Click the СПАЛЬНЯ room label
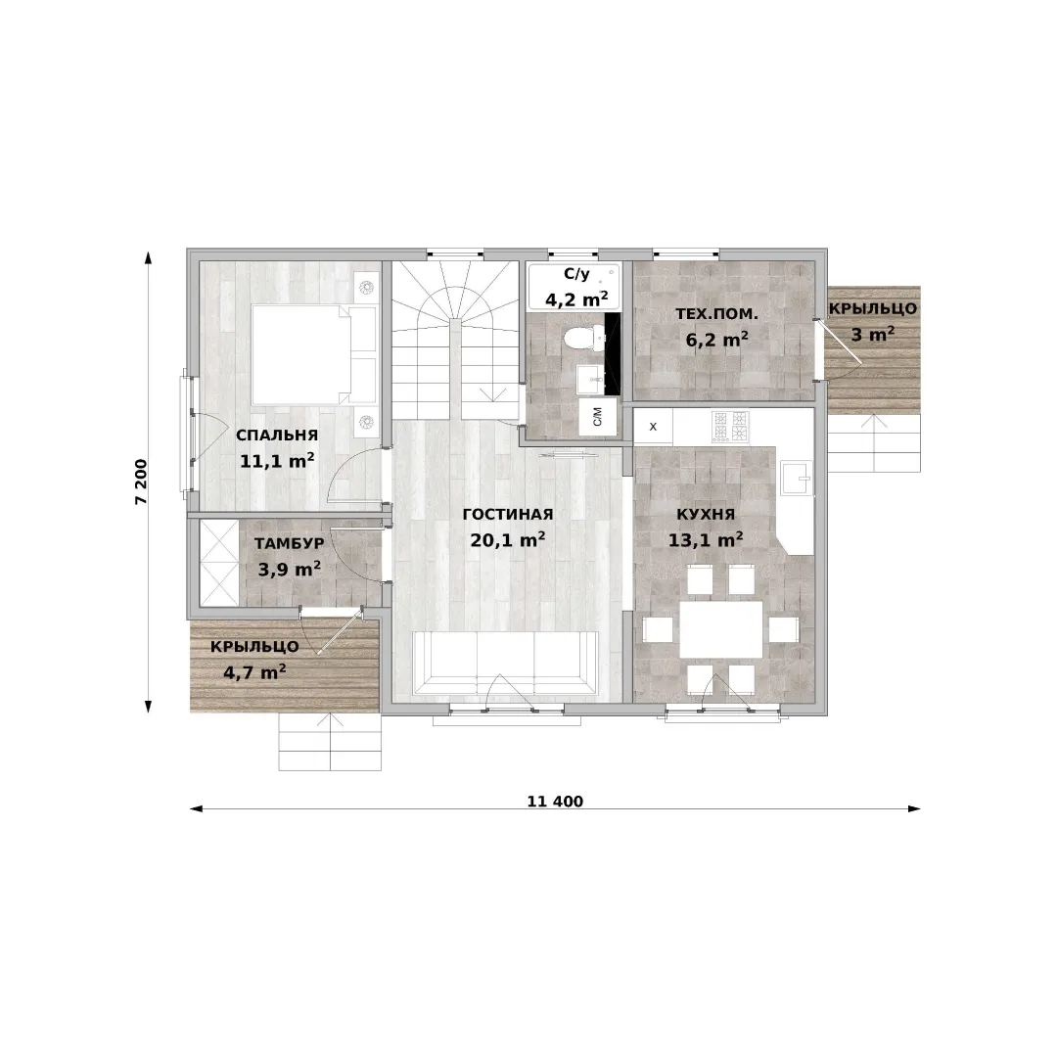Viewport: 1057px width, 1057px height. tap(276, 435)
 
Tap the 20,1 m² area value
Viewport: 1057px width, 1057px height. tap(508, 540)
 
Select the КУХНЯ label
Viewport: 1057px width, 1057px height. tap(705, 515)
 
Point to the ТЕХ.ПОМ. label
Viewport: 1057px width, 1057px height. tap(716, 313)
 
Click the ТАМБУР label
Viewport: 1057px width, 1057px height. tap(289, 543)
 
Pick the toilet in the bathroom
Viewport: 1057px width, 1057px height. tap(581, 337)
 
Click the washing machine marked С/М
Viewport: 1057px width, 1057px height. tap(598, 417)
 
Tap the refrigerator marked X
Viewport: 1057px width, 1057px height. tap(653, 426)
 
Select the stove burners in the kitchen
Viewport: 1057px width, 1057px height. tap(731, 426)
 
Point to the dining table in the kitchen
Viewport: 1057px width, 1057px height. tap(720, 629)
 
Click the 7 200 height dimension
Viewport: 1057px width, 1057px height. tap(141, 482)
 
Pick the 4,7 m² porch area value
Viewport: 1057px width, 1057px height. tap(254, 672)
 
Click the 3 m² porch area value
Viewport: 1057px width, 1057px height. tap(872, 334)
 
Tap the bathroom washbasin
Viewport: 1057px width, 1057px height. tap(591, 380)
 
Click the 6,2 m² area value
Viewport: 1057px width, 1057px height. tap(716, 339)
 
